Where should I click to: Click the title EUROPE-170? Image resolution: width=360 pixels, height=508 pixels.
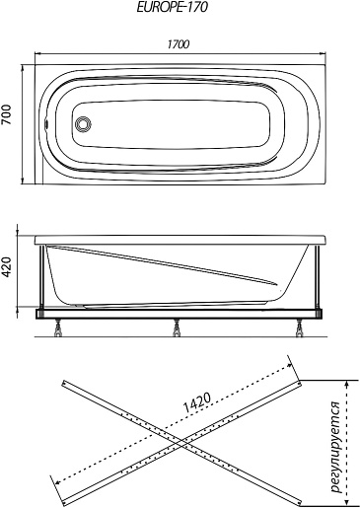pos(172,7)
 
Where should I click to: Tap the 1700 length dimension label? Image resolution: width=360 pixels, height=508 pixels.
pos(179,44)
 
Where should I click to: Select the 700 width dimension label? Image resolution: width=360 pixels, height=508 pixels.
pos(6,114)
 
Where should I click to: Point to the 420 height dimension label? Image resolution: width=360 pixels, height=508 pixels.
pos(6,266)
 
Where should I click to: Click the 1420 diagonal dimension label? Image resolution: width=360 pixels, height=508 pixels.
pos(196,403)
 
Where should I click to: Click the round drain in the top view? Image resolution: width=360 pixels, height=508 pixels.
pos(83,124)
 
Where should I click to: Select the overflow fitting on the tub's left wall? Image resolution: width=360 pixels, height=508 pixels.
pos(46,124)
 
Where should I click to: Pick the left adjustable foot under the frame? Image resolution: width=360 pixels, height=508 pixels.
pos(59,328)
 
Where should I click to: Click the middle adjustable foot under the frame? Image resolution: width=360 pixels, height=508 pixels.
pos(177,328)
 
